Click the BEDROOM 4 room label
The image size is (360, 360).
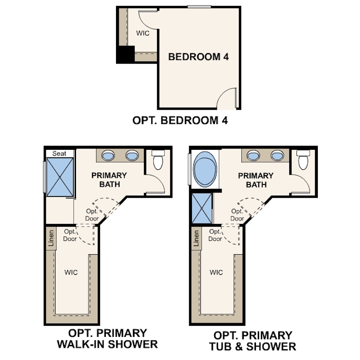coord(198,57)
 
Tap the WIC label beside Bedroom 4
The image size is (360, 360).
coord(142,33)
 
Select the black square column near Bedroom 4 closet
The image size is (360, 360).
coord(125,54)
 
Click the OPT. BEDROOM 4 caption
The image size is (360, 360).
coord(180,120)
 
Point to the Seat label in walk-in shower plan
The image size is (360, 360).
coord(59,153)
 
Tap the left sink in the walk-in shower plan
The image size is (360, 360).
coord(109,156)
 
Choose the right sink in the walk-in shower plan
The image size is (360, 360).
coord(132,156)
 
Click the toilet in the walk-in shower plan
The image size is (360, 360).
coord(158,160)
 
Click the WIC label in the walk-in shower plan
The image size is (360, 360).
coord(71,272)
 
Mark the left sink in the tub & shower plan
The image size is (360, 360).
coord(254,156)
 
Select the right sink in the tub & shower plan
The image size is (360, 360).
coord(277,156)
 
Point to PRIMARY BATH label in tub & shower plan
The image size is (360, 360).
coord(256,180)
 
